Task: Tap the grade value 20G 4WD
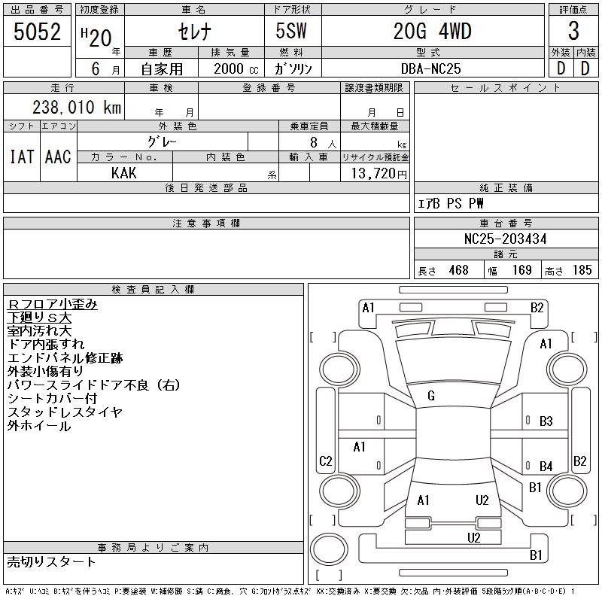click(x=432, y=32)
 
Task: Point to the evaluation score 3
click(x=573, y=32)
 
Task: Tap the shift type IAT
click(x=21, y=157)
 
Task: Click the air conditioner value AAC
click(x=58, y=157)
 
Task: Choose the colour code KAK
click(x=124, y=173)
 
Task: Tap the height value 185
click(x=582, y=270)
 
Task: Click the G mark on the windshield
click(x=431, y=396)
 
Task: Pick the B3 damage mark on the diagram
click(x=546, y=421)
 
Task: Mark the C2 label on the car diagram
click(x=326, y=461)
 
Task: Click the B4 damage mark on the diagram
click(x=546, y=467)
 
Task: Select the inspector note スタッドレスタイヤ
click(x=65, y=412)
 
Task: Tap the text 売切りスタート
click(x=52, y=561)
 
